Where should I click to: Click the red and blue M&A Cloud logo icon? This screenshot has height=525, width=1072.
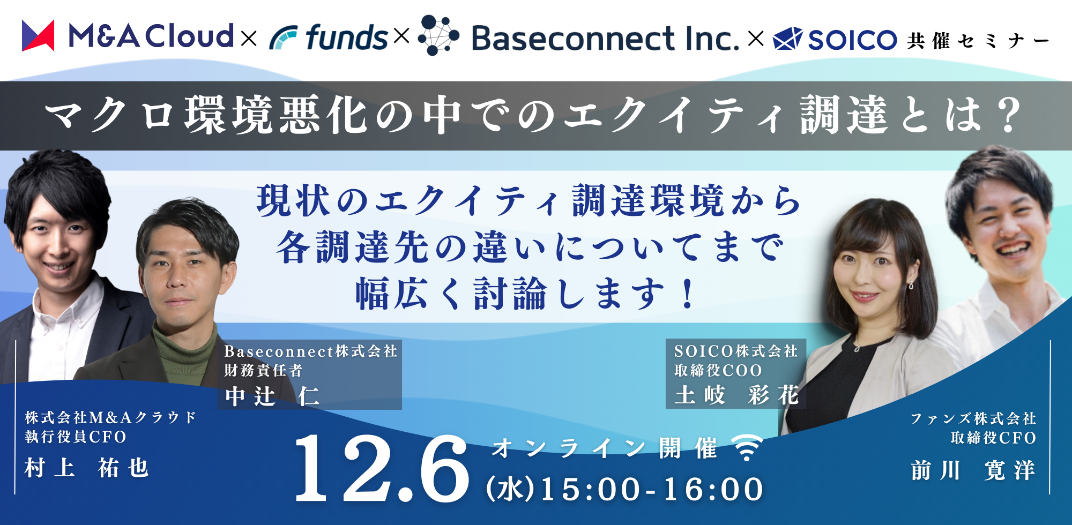(38, 35)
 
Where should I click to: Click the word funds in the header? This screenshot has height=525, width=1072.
(346, 37)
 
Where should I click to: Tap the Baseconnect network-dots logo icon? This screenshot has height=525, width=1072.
(438, 35)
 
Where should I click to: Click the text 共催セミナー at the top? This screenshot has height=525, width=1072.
(978, 41)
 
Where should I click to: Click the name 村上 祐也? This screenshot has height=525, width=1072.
(86, 468)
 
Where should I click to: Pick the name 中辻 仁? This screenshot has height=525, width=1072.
(272, 396)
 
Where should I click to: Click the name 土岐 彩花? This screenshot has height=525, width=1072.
(736, 395)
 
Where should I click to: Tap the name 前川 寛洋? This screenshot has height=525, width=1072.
(973, 470)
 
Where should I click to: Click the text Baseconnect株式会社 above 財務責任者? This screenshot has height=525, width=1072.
(311, 351)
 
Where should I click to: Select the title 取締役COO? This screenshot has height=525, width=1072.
(718, 370)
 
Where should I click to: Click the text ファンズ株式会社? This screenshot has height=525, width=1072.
(973, 418)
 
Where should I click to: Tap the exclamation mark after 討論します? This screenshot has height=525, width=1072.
(688, 294)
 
